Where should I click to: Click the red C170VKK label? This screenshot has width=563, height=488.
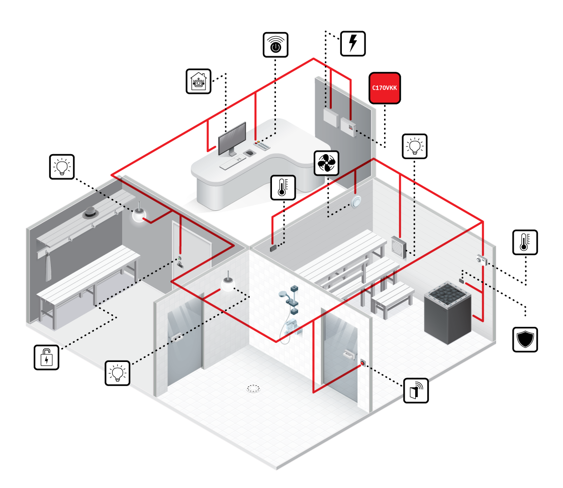[385, 88]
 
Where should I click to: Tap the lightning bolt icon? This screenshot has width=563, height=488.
[353, 44]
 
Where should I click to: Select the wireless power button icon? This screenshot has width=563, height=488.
[275, 45]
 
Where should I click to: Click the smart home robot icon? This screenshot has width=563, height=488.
[199, 81]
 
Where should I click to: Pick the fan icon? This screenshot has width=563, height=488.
[326, 163]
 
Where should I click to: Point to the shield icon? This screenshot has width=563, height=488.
[525, 339]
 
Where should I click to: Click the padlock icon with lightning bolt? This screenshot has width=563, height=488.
[46, 357]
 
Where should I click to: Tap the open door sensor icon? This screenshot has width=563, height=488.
[416, 391]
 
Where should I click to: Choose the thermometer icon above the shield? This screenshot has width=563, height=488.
[525, 242]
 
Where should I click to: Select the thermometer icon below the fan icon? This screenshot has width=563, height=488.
[283, 187]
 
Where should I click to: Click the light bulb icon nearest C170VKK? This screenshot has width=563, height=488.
[415, 146]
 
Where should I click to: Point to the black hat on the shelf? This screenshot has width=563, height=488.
[90, 212]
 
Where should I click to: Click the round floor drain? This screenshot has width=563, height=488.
[253, 388]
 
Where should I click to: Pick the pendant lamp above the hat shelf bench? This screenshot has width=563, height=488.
[139, 214]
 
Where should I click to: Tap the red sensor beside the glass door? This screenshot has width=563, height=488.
[362, 362]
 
